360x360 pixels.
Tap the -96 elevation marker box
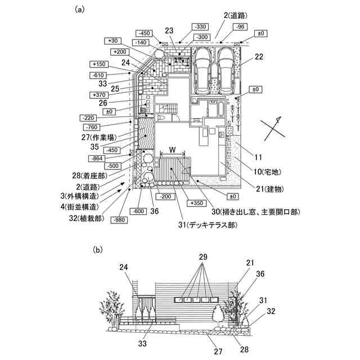click(x=241, y=26)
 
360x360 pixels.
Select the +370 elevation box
click(x=97, y=95)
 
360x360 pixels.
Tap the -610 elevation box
click(x=97, y=75)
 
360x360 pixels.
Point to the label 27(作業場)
click(x=103, y=137)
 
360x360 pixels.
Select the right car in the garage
click(x=226, y=71)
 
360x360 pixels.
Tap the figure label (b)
click(x=98, y=248)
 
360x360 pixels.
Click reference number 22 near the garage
click(x=259, y=56)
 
